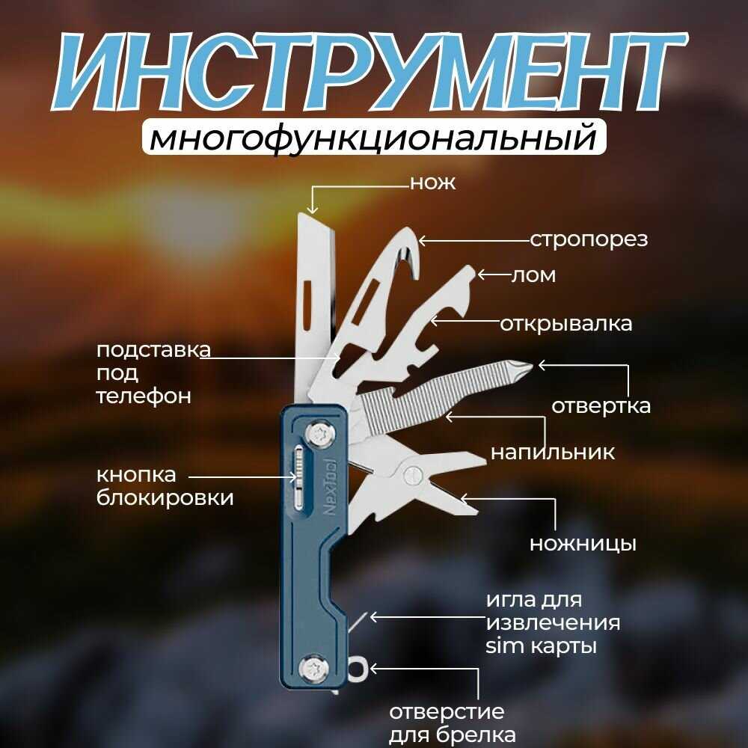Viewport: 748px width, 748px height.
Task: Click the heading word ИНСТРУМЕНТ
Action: pyautogui.click(x=369, y=72)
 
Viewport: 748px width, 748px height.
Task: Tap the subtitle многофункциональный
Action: pyautogui.click(x=373, y=138)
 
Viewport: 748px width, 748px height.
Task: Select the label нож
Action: pyautogui.click(x=432, y=183)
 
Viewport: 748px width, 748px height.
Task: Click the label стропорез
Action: pyautogui.click(x=589, y=240)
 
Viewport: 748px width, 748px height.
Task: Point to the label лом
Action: pyautogui.click(x=533, y=275)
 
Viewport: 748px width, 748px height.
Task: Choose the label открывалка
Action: pyautogui.click(x=565, y=324)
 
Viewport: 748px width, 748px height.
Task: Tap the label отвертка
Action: pyautogui.click(x=601, y=406)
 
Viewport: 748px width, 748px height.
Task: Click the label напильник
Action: pyautogui.click(x=553, y=453)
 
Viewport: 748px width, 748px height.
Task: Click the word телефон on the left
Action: pyautogui.click(x=144, y=396)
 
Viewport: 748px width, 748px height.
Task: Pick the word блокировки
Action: pyautogui.click(x=165, y=497)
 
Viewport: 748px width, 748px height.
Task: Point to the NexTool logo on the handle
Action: pyautogui.click(x=330, y=487)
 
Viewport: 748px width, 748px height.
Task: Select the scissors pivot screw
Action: pyautogui.click(x=413, y=475)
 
